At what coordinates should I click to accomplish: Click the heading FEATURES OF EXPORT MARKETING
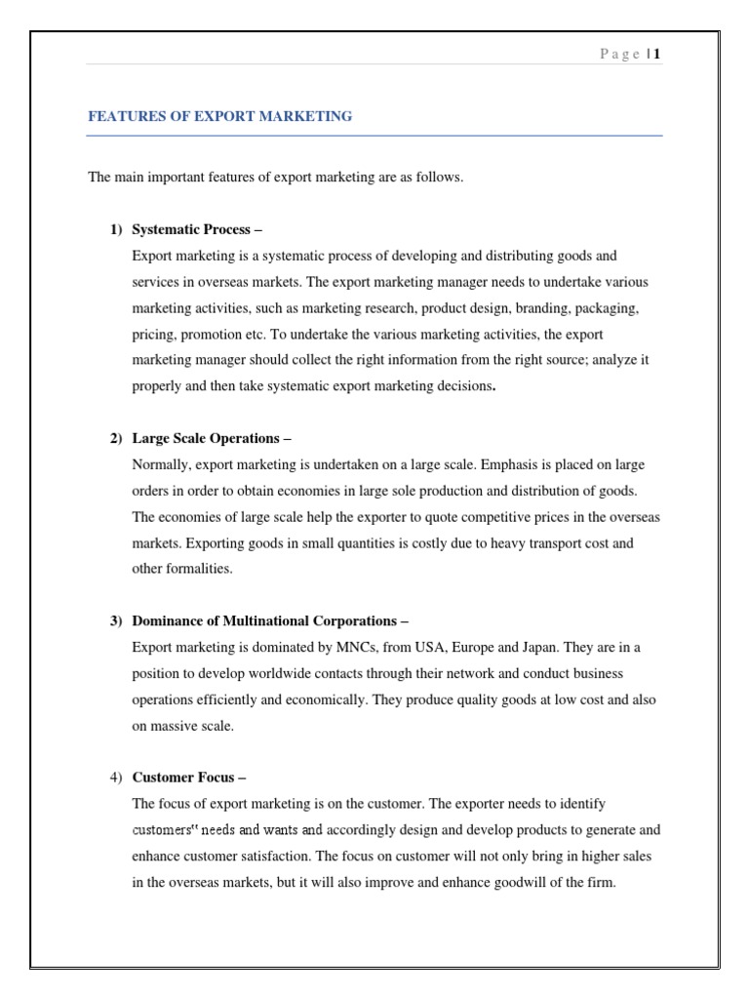coord(220,116)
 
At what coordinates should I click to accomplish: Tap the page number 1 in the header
coord(657,55)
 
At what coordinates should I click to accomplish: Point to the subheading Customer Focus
coord(189,778)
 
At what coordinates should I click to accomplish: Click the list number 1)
coord(116,229)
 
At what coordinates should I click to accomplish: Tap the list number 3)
coord(116,620)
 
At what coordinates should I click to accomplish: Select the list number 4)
coord(116,778)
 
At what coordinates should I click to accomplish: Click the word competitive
coord(455,516)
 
